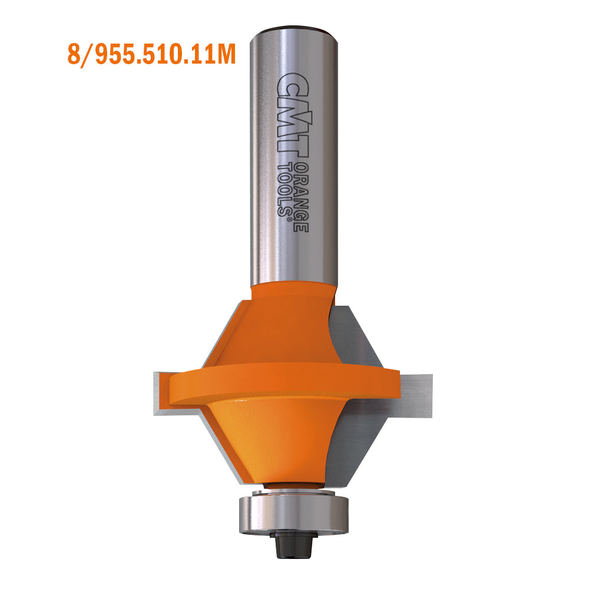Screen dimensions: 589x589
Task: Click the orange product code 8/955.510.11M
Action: coord(152,54)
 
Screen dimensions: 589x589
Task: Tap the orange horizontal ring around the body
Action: coord(283,383)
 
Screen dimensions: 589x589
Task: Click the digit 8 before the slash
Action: coord(74,54)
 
